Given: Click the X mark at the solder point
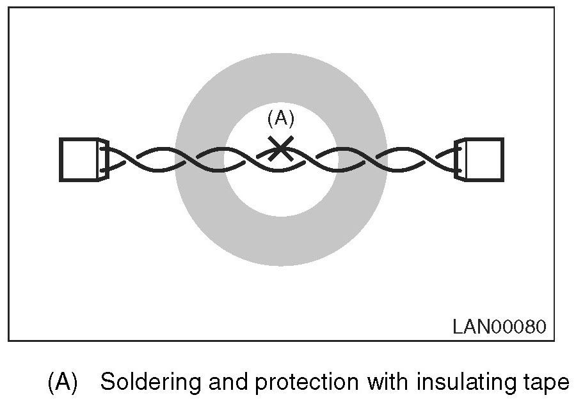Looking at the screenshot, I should point(280,149).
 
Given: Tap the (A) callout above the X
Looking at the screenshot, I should point(280,119).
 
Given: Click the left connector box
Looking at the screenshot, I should point(78,159).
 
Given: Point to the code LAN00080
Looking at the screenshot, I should point(499,327).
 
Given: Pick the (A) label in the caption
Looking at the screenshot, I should point(63,383).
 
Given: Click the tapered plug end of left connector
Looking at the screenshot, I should point(104,159).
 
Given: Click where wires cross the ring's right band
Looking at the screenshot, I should point(361,160).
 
